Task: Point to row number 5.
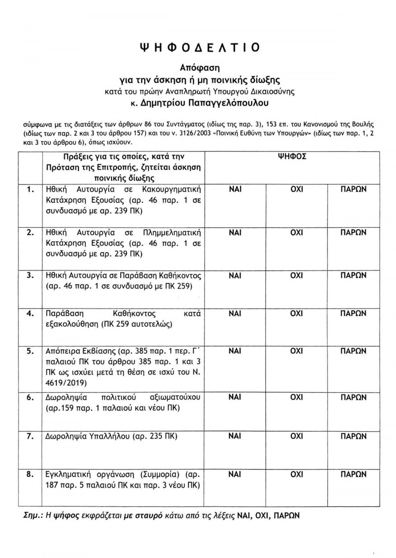coord(30,352)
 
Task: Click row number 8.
coord(30,475)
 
